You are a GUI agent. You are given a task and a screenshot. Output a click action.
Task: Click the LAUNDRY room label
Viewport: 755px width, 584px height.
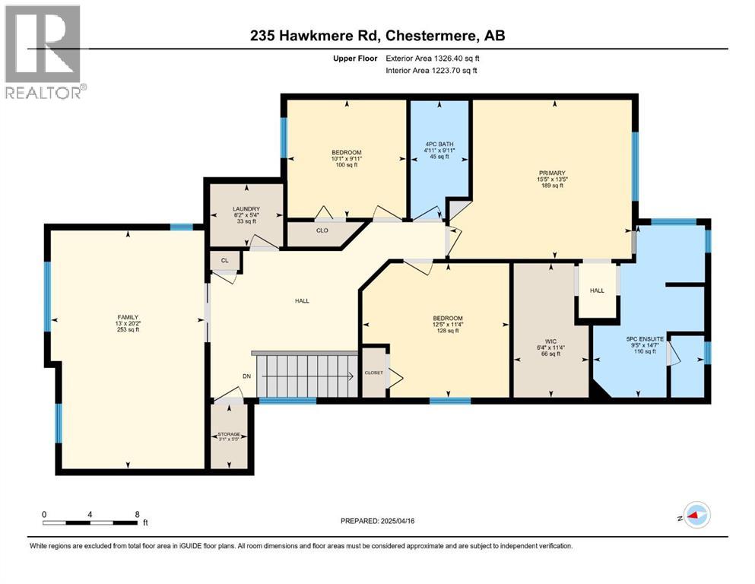point(246,209)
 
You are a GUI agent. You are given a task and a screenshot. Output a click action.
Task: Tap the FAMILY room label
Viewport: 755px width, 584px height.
point(128,317)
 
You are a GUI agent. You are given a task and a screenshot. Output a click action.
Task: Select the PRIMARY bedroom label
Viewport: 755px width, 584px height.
point(552,173)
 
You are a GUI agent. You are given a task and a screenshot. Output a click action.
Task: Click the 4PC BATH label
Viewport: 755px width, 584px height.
point(439,144)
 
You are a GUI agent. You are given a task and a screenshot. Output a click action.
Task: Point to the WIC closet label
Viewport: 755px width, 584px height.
point(550,341)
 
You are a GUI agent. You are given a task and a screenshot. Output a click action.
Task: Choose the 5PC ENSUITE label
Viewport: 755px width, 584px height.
point(644,339)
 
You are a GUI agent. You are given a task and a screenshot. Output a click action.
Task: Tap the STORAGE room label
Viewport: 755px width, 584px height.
point(229,434)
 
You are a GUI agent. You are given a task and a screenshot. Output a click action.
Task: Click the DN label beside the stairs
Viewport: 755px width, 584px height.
point(246,376)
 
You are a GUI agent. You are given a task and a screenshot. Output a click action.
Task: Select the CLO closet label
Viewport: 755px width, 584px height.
point(322,230)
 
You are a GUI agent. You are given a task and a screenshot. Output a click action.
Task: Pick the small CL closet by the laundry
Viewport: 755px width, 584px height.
point(225,261)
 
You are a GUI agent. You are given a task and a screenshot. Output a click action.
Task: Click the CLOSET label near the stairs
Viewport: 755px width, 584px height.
point(373,373)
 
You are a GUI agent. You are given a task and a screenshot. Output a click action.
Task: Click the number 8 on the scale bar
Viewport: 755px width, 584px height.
point(137,514)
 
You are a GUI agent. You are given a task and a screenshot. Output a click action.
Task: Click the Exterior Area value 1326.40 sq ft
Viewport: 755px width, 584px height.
point(457,59)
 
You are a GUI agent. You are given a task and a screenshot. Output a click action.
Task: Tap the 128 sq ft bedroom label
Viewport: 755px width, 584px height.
point(448,331)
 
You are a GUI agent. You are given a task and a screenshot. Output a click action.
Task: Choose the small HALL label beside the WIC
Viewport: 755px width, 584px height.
point(597,290)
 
